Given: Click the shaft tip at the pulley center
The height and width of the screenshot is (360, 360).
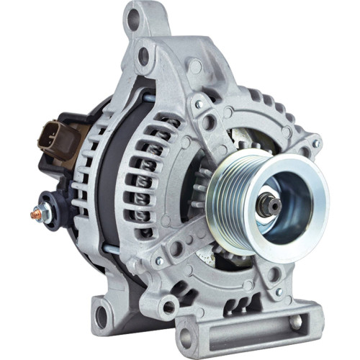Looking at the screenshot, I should point(271,204).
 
